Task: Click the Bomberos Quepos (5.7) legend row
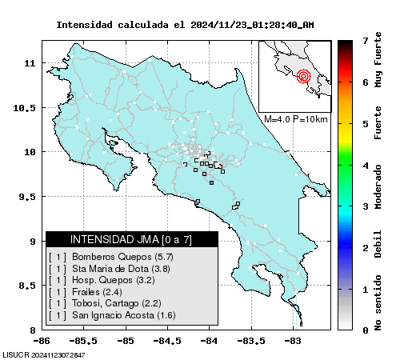tap(111, 257)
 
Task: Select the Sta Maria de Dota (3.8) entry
tap(110, 269)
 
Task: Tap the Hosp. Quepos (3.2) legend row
tap(102, 280)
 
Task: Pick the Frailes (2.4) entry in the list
tap(86, 292)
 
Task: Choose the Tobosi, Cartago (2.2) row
tap(105, 303)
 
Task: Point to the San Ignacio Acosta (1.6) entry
tap(112, 315)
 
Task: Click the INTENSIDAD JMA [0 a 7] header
tap(131, 239)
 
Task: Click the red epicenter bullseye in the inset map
tap(303, 76)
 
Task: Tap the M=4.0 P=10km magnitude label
tap(296, 119)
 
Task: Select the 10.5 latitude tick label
tap(24, 108)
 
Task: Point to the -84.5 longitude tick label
tap(167, 341)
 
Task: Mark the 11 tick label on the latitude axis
tap(30, 63)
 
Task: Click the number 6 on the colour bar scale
tap(366, 82)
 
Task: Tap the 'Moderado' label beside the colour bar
tap(378, 186)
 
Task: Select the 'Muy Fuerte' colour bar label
tap(378, 59)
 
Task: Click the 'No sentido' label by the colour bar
tap(378, 303)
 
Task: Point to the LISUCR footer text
tap(44, 355)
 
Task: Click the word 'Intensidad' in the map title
tap(84, 25)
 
